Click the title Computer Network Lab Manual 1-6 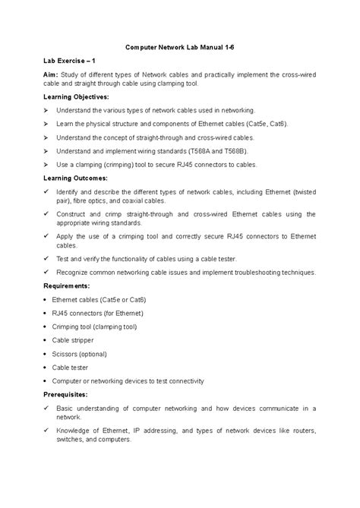coord(179,46)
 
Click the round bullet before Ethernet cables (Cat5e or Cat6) coord(47,299)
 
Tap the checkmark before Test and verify coord(47,259)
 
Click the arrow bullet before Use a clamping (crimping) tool coord(47,164)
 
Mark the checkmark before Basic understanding coord(47,408)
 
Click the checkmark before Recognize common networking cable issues coord(47,272)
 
